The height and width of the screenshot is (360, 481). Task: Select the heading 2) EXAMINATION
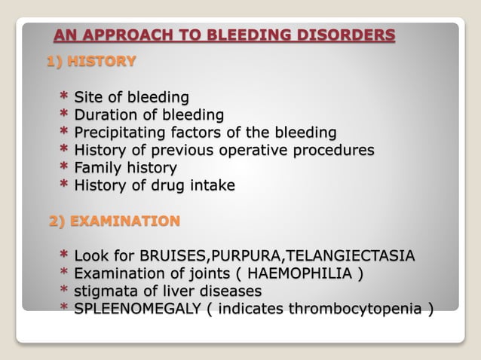tap(115, 221)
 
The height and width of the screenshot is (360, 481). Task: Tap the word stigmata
tap(104, 291)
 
